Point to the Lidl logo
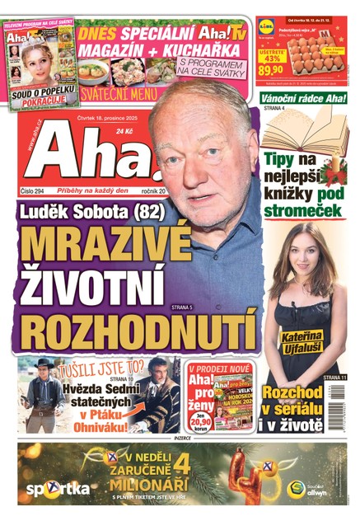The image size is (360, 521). point(266,26)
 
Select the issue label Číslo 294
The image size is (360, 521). point(37,190)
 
